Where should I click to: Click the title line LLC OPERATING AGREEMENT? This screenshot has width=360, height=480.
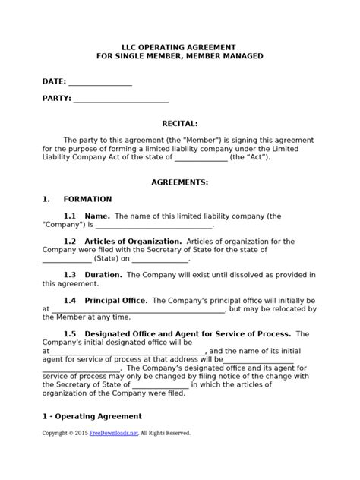pos(179,46)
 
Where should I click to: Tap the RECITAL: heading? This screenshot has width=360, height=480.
pos(180,122)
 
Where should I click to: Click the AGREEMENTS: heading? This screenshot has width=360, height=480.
pos(180,183)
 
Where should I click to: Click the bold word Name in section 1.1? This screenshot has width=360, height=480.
pos(97,216)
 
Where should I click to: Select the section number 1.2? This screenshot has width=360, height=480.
pos(70,242)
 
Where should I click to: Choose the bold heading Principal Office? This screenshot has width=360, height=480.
pos(116,301)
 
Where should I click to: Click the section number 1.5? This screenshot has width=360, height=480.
pos(70,333)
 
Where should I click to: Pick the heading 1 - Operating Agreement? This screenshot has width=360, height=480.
pos(92,416)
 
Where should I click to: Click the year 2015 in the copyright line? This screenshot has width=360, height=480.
pos(81,433)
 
